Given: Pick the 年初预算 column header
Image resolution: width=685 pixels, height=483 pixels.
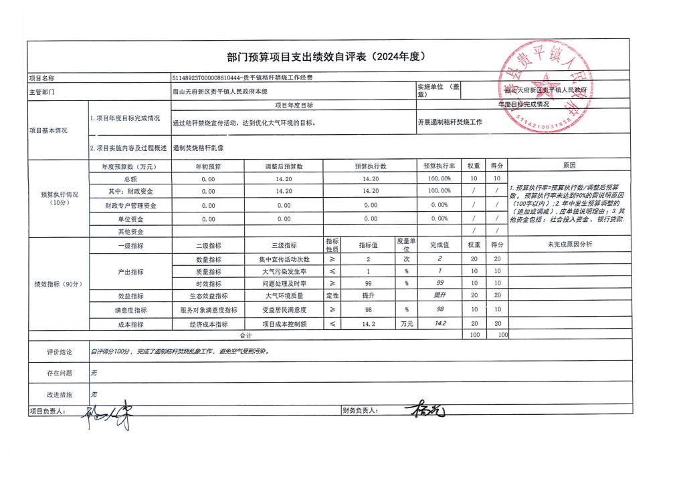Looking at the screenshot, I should (207, 166).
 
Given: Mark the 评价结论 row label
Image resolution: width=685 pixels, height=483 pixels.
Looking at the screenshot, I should (59, 351).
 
